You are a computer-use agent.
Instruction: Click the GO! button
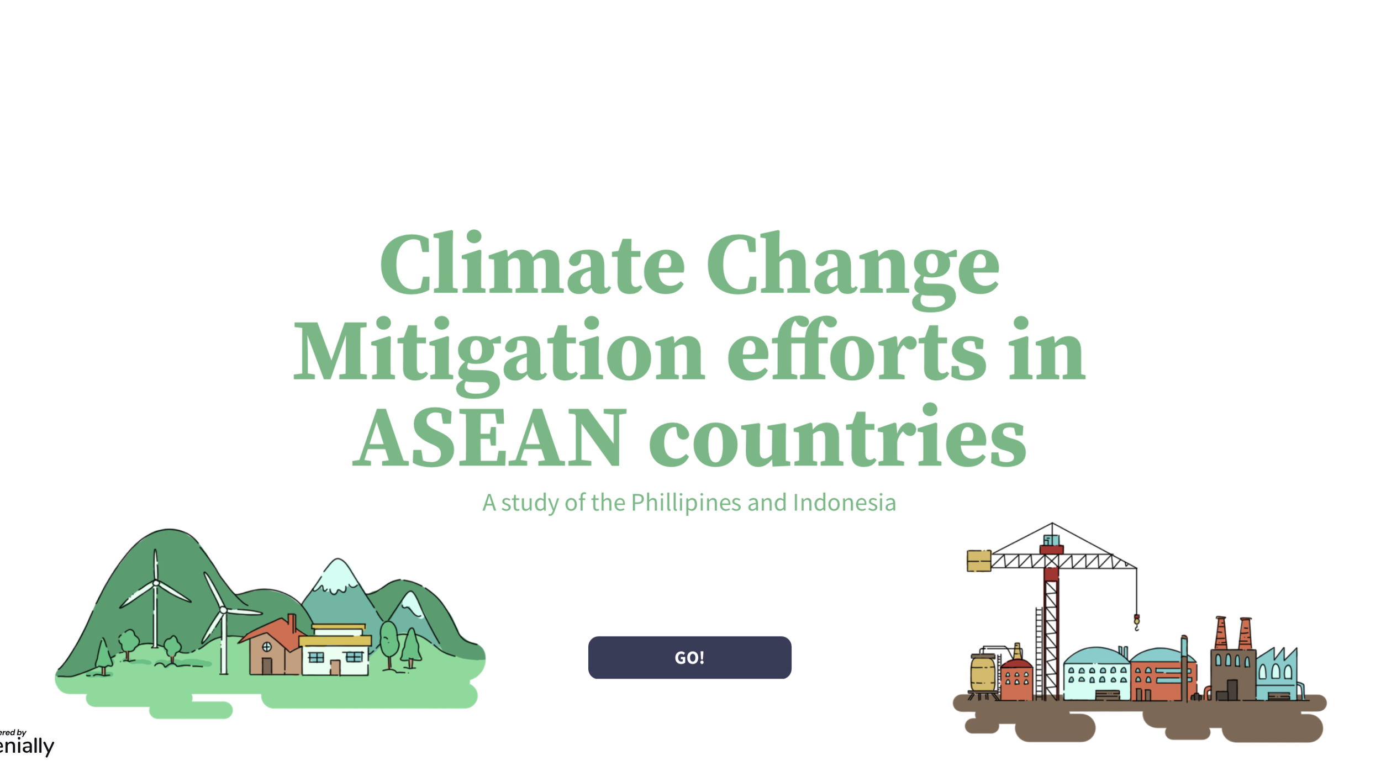689,657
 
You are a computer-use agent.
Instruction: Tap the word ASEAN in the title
489,437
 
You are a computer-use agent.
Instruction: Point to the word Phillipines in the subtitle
686,503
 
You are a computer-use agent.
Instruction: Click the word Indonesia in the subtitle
844,503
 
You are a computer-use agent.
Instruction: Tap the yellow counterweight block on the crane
978,561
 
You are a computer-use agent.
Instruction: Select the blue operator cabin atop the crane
1051,540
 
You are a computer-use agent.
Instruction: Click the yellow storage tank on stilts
983,673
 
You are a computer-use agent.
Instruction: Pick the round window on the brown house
267,647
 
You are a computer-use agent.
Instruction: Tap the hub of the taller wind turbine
156,583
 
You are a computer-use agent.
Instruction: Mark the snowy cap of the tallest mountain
338,577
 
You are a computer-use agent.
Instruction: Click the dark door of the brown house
267,666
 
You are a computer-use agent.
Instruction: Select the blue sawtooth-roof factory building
1277,674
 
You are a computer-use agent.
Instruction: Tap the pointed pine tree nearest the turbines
103,657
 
